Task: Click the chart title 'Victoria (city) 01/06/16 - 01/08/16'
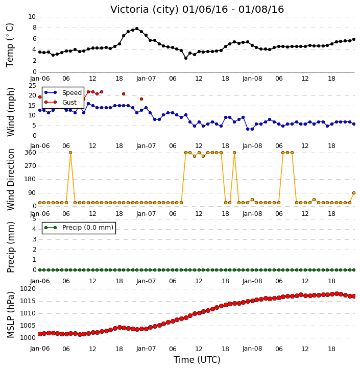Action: pos(197,9)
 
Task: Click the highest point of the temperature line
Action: pos(137,29)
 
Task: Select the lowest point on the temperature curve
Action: pos(186,58)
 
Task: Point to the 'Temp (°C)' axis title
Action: pos(10,45)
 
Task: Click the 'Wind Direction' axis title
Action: pos(11,179)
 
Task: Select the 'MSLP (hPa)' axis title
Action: pos(11,315)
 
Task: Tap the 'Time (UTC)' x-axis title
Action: pos(197,360)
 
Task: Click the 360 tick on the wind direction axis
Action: pos(31,153)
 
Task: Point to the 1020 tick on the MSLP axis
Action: pos(28,289)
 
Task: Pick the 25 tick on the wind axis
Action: pos(32,85)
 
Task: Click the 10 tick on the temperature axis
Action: pos(32,17)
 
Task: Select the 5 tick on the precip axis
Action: pos(34,219)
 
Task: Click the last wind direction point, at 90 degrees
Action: pos(354,193)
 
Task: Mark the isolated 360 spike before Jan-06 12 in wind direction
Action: pos(70,153)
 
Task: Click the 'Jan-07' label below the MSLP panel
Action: pos(146,349)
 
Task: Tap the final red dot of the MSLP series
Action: pos(354,296)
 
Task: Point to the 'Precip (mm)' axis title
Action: pos(11,247)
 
